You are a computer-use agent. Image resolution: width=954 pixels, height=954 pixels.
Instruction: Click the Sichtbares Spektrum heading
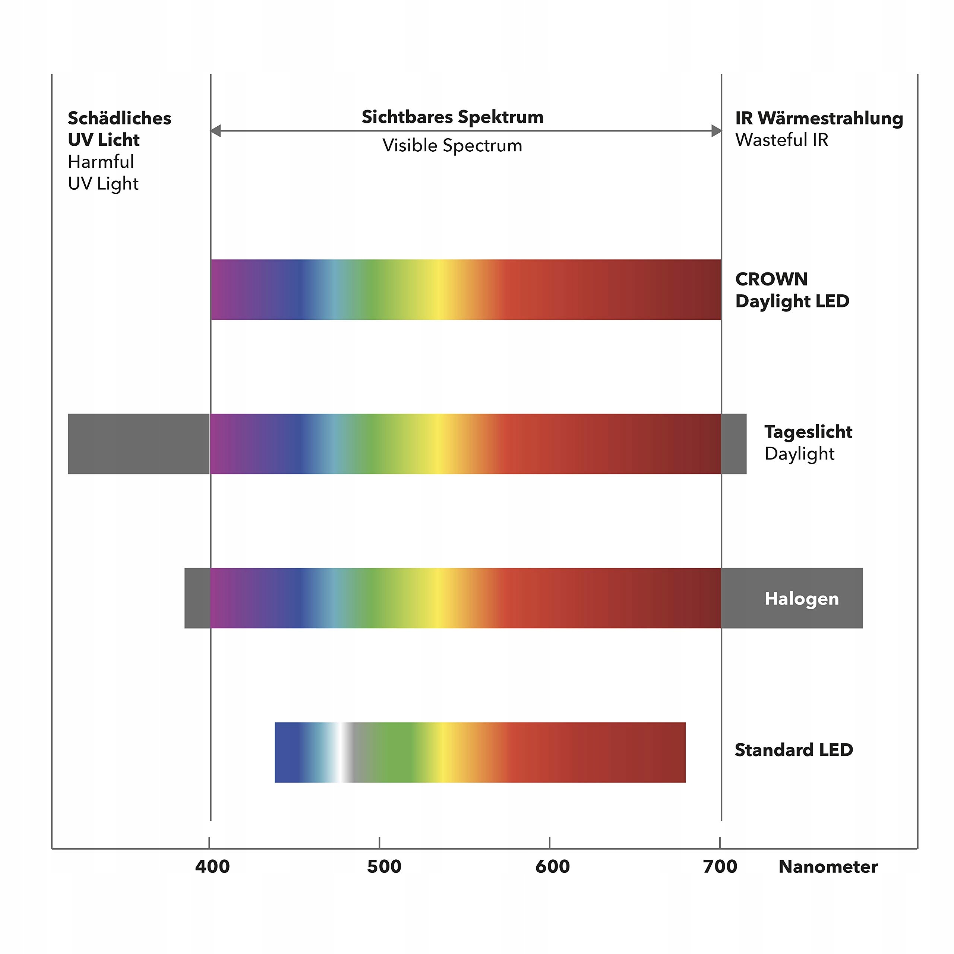pos(452,117)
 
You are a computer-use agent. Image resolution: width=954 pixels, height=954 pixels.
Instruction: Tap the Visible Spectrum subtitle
pos(452,146)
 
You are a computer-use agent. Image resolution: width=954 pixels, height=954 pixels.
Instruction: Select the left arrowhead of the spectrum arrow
pos(216,131)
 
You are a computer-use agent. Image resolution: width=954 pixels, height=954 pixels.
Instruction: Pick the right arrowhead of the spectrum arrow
pos(716,131)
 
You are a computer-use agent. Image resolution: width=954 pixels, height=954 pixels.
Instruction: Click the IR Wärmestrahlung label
pos(819,119)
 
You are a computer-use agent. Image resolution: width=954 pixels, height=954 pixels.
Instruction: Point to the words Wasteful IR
pos(782,140)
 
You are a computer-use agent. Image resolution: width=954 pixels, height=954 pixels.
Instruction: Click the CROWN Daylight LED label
pos(792,290)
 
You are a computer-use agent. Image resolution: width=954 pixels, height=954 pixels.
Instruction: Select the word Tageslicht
pos(808,432)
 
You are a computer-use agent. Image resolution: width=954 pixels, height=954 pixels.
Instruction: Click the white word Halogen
pos(802,598)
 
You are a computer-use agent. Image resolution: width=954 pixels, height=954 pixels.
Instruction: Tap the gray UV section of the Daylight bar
pos(138,444)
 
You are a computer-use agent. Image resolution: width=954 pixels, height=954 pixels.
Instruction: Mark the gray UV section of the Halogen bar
pos(197,598)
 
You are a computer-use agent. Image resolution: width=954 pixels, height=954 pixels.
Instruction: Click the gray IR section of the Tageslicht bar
pos(734,444)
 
